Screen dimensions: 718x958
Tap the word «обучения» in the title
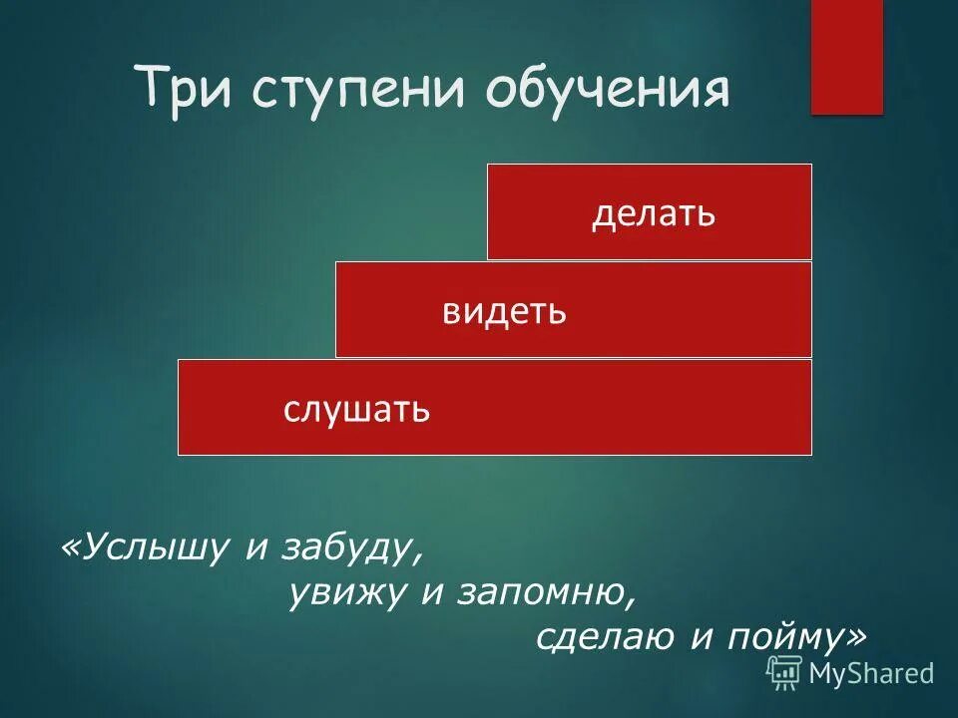click(609, 91)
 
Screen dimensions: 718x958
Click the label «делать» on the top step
click(654, 213)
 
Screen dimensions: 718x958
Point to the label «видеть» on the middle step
click(505, 311)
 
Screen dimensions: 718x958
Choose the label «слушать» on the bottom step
click(356, 409)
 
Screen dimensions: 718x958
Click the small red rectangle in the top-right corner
click(846, 57)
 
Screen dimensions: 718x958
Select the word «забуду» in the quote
click(343, 547)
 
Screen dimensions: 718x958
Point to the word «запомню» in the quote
click(544, 593)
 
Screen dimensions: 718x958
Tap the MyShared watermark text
click(871, 674)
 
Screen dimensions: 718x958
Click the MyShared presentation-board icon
click(784, 673)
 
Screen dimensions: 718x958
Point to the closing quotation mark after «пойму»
click(856, 635)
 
